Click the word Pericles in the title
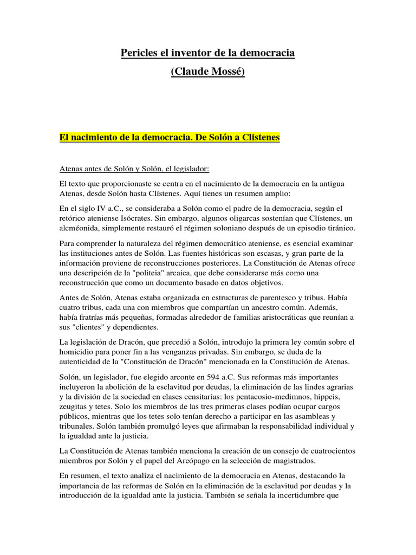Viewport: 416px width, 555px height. click(x=138, y=53)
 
